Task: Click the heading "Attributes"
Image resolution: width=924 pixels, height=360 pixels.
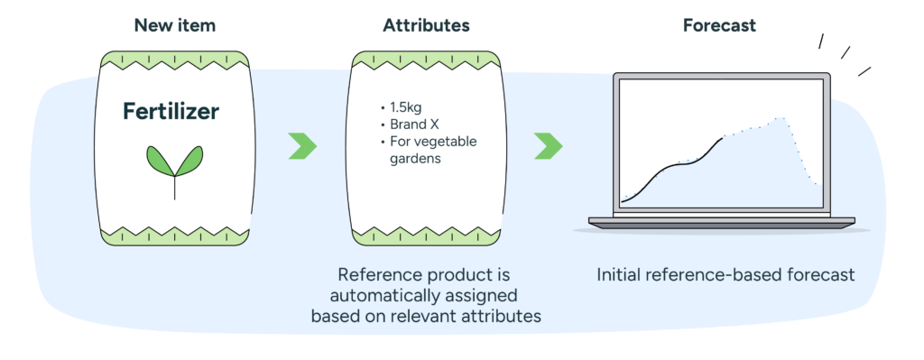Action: click(x=425, y=25)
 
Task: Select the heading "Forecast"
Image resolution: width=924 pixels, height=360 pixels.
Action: click(x=719, y=25)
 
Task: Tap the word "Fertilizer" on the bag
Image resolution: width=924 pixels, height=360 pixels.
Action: click(x=171, y=113)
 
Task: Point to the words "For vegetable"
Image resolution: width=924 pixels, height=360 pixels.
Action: click(x=433, y=143)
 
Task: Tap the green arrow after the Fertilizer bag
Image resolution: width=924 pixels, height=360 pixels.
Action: click(x=303, y=145)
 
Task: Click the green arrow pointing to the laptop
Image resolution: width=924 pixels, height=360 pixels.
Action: click(x=548, y=145)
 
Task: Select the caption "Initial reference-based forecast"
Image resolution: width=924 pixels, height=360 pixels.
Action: click(x=725, y=274)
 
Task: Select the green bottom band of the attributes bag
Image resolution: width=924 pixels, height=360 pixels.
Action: click(x=425, y=236)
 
